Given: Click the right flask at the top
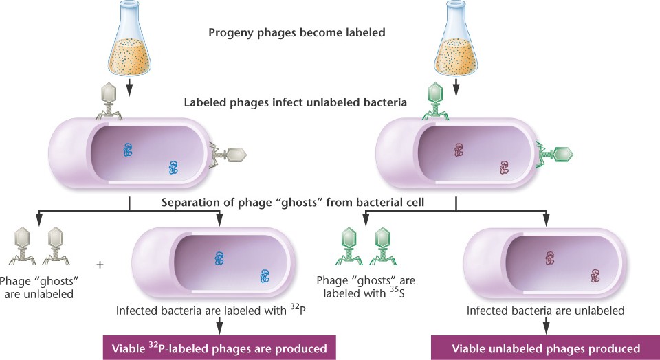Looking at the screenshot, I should point(455,45).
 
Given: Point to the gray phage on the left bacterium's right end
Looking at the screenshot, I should point(229,157).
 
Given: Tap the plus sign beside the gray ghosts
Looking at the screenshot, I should point(100,264).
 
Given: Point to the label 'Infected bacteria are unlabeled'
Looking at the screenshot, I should point(545,311).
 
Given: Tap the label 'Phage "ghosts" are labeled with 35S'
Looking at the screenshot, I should point(366,288).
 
